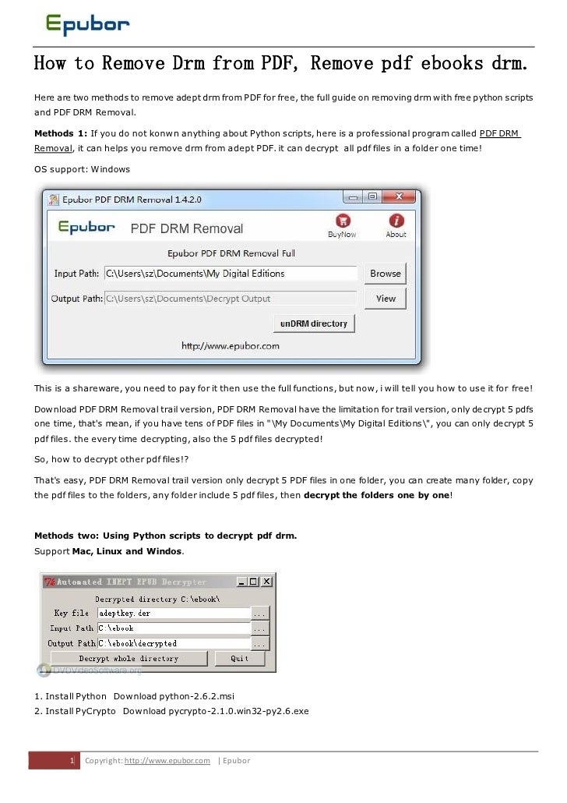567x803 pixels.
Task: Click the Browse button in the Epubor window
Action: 386,274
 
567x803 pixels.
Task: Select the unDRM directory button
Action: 313,324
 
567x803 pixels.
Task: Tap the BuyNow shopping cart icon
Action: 341,221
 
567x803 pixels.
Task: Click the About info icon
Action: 396,221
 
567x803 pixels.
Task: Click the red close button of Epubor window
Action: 400,198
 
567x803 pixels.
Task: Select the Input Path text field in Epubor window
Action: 231,274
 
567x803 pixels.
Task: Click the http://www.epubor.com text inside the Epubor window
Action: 231,345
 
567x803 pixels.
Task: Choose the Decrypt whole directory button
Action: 129,659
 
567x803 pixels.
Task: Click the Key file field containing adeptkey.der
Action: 173,613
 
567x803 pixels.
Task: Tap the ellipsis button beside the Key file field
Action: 260,613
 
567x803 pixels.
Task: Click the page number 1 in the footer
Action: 72,761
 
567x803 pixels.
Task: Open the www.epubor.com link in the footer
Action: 167,761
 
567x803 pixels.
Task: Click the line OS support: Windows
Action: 83,168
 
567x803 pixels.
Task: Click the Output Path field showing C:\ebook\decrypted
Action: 173,643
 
